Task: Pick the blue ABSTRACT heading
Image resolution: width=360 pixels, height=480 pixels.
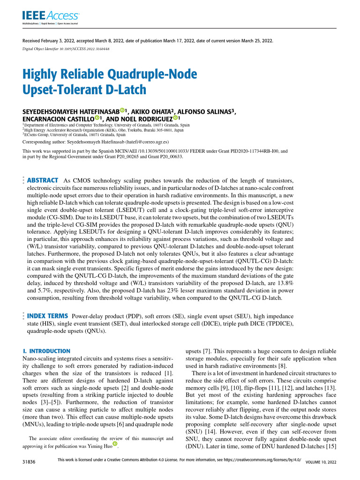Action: (43, 180)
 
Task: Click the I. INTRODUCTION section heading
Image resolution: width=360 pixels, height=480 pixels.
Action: (46, 351)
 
